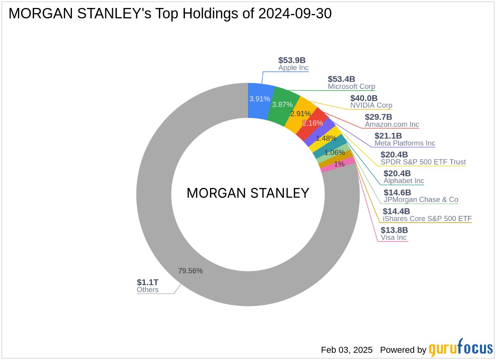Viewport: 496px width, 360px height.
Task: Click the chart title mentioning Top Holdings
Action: pos(170,14)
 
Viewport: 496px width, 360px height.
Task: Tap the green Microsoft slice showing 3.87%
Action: pos(283,105)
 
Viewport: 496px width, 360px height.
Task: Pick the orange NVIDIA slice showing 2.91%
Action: pos(300,113)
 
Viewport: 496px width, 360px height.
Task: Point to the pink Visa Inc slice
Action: pos(338,164)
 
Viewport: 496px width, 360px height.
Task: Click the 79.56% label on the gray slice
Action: pos(190,271)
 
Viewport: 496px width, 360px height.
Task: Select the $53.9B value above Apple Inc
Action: pos(292,60)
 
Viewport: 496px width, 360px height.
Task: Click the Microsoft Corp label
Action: pos(351,87)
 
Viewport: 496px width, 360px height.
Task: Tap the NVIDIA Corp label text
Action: pos(371,105)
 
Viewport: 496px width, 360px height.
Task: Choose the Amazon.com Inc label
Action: pos(392,125)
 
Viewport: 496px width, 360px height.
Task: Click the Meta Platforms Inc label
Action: pos(405,143)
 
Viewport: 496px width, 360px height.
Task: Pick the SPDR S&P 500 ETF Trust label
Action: pos(423,162)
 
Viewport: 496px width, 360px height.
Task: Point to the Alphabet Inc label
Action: pos(404,181)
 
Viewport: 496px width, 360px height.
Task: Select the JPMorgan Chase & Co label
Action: pos(421,200)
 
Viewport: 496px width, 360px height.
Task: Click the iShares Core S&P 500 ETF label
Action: pos(427,219)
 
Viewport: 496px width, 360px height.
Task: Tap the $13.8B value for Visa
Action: pos(394,230)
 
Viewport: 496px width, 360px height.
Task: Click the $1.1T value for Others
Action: pos(148,282)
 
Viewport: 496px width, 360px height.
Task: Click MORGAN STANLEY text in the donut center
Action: pos(248,193)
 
